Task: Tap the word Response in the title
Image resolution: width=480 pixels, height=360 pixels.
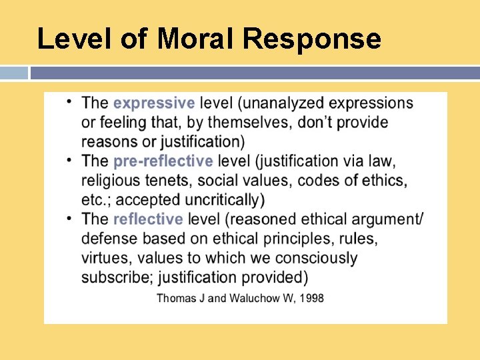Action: click(311, 39)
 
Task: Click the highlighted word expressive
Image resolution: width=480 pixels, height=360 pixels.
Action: click(154, 103)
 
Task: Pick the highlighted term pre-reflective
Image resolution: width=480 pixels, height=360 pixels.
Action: click(163, 161)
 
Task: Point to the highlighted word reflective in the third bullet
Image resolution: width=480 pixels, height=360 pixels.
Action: click(147, 219)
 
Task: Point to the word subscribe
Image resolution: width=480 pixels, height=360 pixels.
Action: click(110, 277)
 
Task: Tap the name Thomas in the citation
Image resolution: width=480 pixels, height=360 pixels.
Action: click(175, 297)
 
